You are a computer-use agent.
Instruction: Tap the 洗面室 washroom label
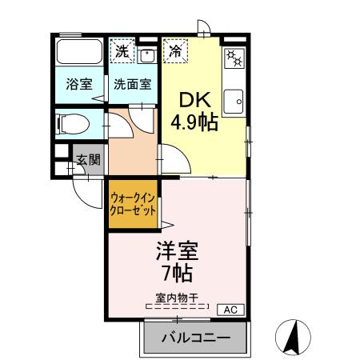click(x=131, y=83)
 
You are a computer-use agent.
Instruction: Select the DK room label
click(x=193, y=102)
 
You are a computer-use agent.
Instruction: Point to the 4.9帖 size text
click(x=193, y=123)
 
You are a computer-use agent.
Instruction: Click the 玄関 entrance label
click(x=88, y=159)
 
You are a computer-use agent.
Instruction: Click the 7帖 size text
click(x=176, y=273)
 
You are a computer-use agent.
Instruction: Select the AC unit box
click(x=227, y=310)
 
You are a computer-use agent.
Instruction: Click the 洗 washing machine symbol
click(x=122, y=51)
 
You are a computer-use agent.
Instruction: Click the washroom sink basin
click(x=147, y=54)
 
